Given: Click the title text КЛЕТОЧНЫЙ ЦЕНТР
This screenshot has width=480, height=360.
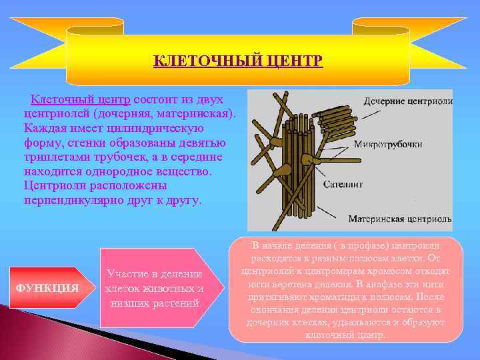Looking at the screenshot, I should [238, 61].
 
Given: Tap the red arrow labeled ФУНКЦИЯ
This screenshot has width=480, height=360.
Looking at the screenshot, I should [47, 288].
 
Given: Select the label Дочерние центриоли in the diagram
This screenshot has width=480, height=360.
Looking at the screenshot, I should [407, 101].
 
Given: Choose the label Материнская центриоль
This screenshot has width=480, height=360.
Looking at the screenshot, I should [399, 218].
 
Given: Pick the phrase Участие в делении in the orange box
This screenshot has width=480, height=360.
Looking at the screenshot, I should [154, 275].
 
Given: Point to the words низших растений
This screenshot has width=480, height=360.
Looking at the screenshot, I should [154, 303].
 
